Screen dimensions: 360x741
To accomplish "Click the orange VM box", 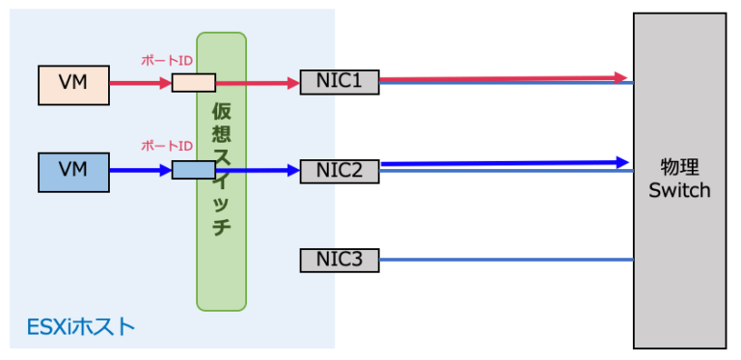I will click(72, 84).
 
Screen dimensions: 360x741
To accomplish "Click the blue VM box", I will click(72, 171).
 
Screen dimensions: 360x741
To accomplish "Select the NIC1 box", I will click(339, 83).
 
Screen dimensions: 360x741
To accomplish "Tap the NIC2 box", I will click(339, 171).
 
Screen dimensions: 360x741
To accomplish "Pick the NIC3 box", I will click(339, 259).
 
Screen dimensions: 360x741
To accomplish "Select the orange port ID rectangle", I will click(193, 83).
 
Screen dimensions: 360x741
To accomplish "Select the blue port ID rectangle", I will click(193, 171).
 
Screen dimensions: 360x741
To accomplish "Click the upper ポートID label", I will click(167, 60).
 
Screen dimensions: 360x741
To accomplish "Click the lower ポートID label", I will click(167, 146).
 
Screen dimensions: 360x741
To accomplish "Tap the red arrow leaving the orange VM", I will click(135, 83).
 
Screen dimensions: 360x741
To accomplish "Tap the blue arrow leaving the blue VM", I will click(135, 171).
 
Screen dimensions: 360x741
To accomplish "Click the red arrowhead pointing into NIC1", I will click(293, 83).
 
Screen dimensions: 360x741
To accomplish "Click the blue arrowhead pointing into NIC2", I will click(293, 171).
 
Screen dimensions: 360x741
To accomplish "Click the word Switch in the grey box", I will click(679, 190).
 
